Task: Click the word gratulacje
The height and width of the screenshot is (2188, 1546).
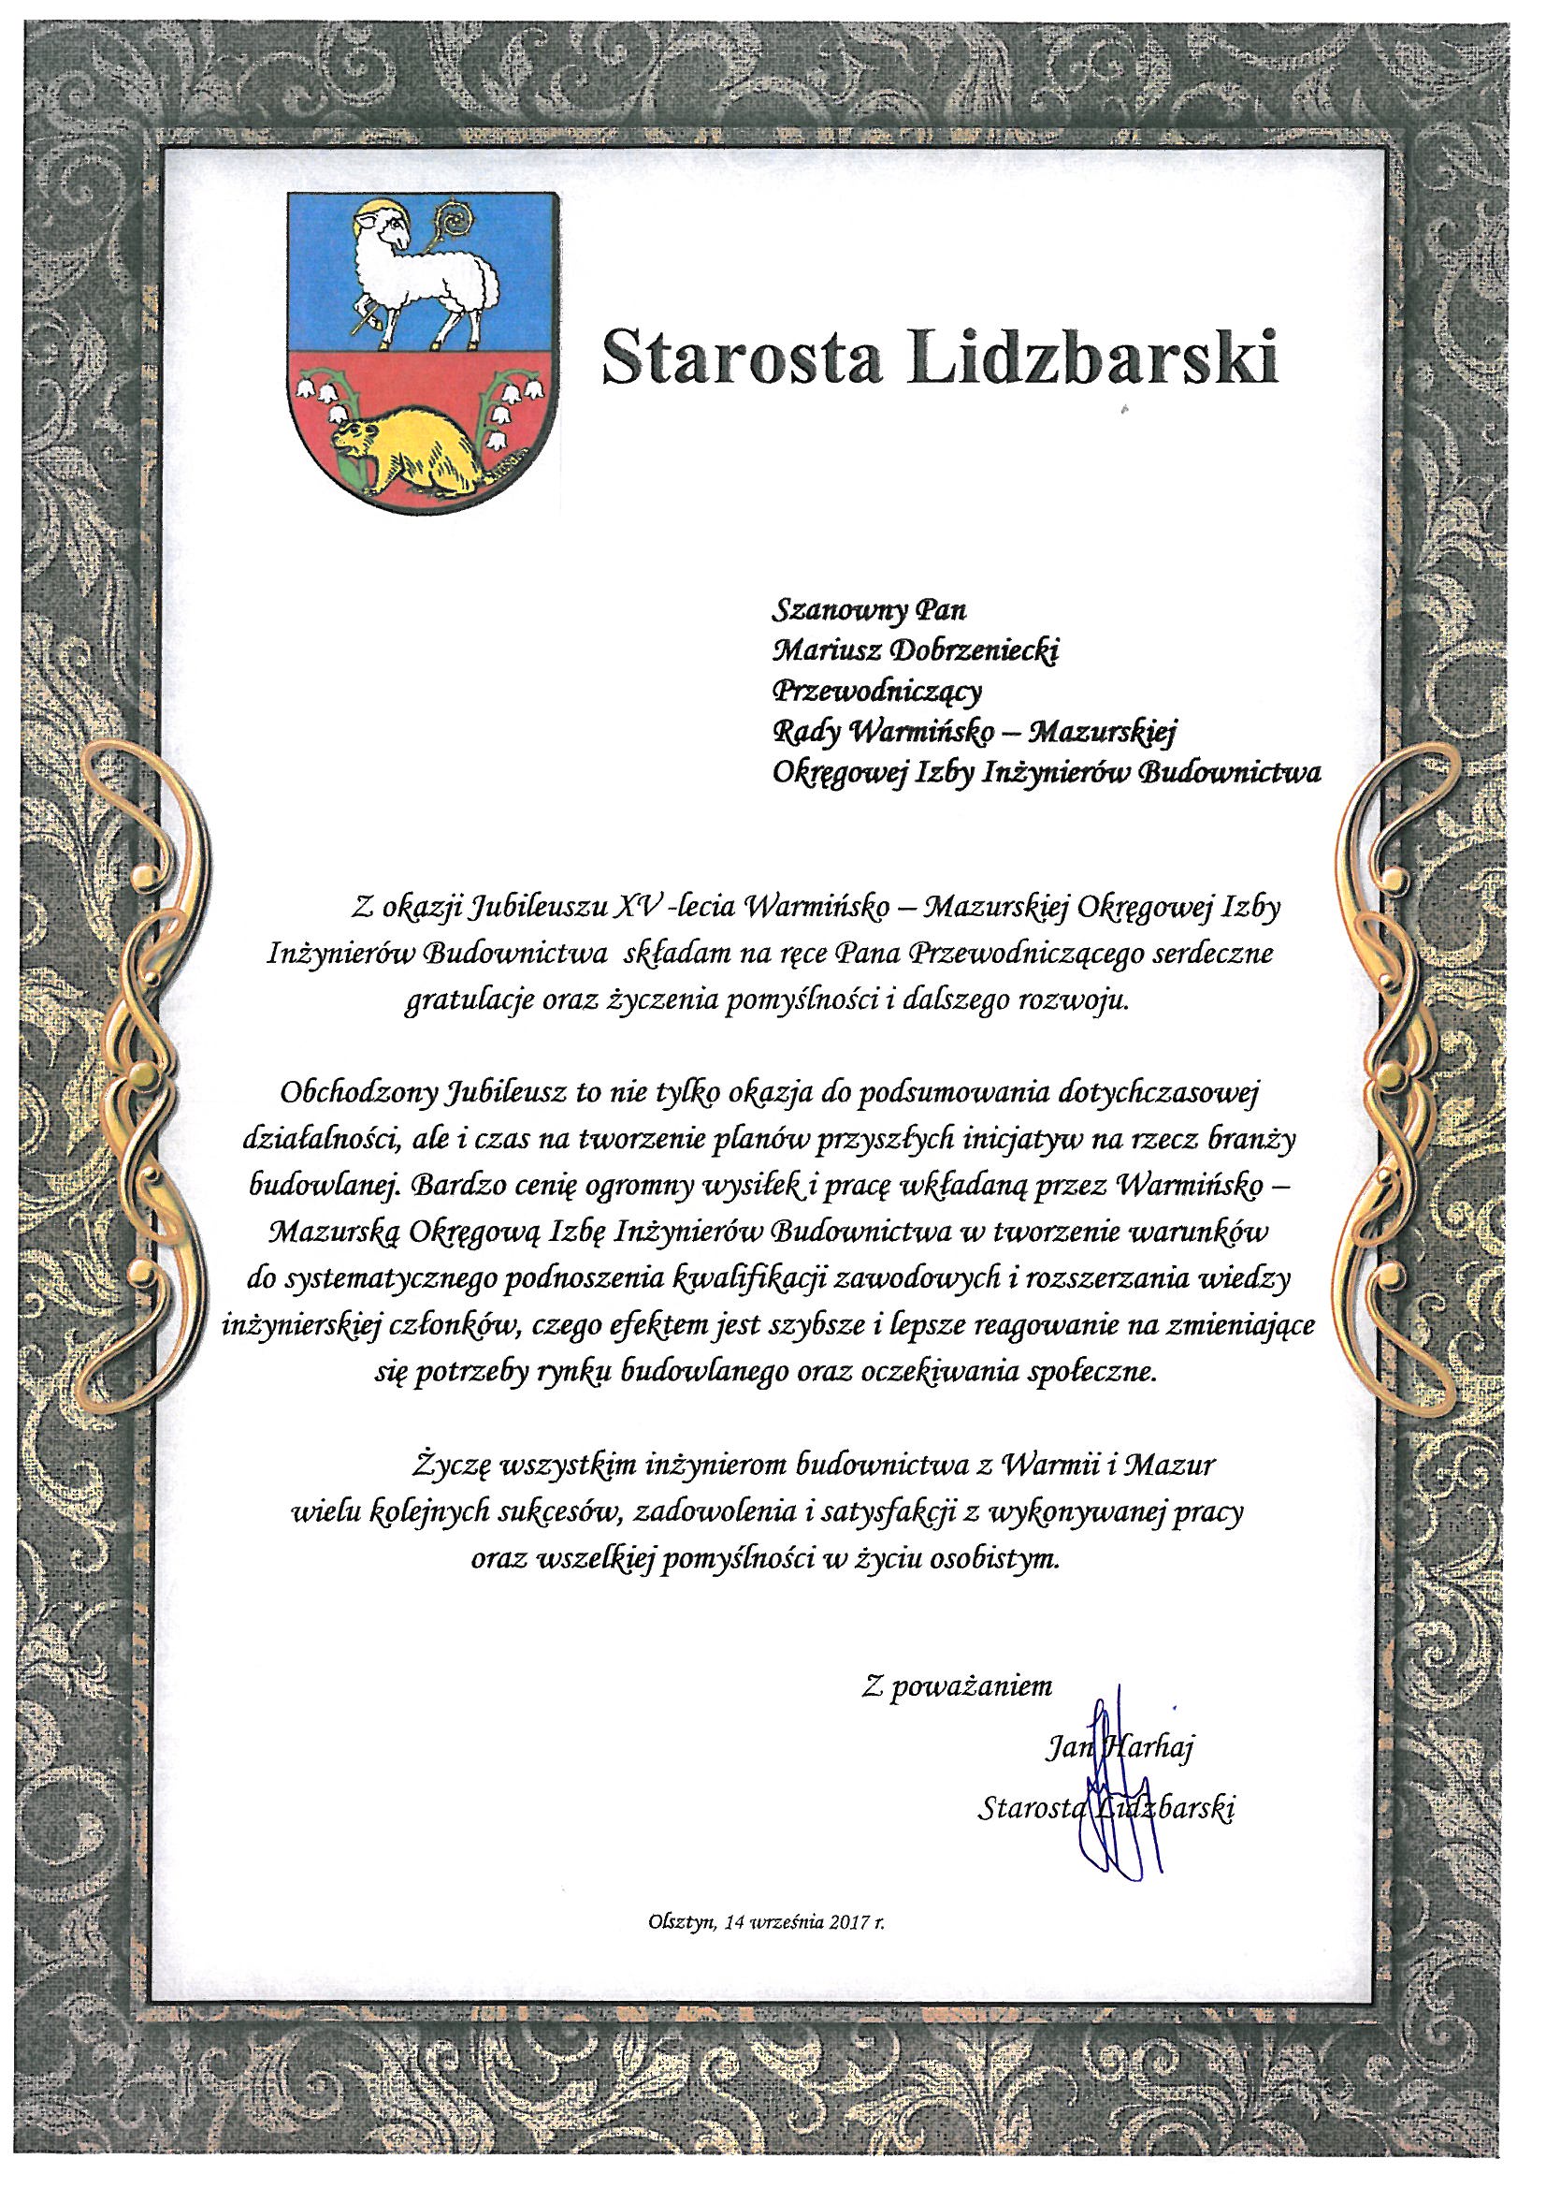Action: [463, 1006]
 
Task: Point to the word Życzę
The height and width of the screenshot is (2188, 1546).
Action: [451, 1464]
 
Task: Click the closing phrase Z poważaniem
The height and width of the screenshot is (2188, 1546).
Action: [957, 1687]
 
